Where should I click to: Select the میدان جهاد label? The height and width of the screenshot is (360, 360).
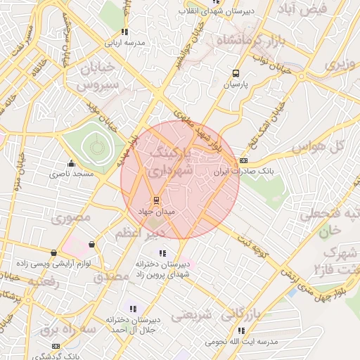click(x=156, y=210)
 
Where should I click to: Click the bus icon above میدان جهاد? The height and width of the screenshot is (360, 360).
click(x=156, y=200)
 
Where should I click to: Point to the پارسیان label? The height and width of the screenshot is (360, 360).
click(x=237, y=83)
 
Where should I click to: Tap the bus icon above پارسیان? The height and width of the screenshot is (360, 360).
click(x=236, y=73)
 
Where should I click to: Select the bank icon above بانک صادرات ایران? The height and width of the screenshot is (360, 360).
click(x=243, y=161)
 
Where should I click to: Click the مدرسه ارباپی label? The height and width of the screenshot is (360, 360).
click(x=125, y=42)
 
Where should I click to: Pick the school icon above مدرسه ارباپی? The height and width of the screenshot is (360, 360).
click(x=124, y=32)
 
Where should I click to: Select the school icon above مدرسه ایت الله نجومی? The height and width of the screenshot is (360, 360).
click(x=241, y=331)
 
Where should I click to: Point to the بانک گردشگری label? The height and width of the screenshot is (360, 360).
click(x=57, y=356)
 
